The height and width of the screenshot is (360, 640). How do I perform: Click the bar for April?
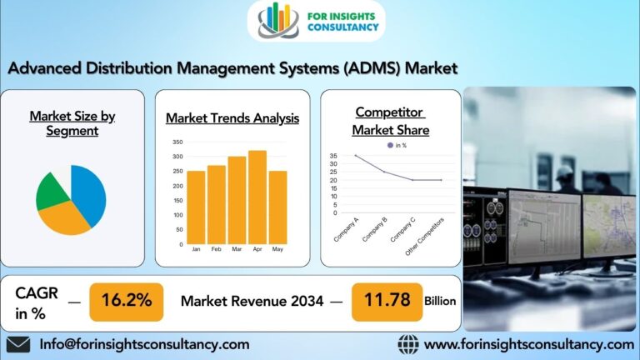(257, 197)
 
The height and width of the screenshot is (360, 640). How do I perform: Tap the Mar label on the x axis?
(237, 249)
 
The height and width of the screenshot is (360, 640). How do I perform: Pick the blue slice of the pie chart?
(90, 193)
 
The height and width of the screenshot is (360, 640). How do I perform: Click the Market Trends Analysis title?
(232, 118)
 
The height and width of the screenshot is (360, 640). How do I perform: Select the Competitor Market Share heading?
(390, 121)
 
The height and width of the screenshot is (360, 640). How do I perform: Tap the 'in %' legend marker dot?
(388, 145)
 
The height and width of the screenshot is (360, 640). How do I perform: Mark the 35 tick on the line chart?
(333, 156)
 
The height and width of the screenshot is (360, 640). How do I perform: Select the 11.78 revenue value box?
(387, 301)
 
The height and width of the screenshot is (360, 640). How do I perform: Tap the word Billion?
(440, 301)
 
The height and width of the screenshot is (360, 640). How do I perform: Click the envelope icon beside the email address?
(17, 344)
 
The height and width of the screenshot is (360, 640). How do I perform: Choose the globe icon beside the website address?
(407, 344)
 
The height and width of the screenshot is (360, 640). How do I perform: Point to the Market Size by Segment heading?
(72, 123)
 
